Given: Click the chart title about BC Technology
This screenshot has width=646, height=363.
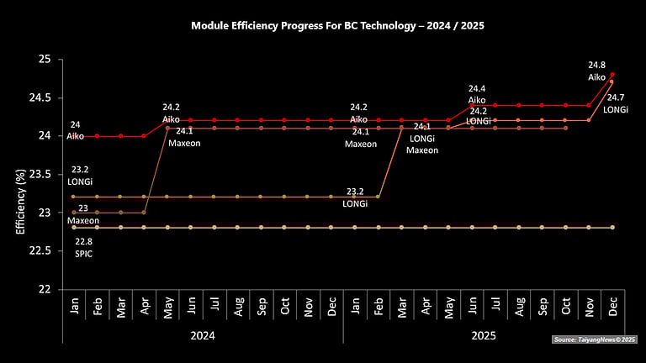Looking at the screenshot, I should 337,26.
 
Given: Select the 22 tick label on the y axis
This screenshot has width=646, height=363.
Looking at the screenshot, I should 45,288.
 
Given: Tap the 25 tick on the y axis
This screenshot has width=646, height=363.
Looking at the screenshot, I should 45,60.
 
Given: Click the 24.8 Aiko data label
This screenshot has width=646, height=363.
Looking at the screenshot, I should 596,71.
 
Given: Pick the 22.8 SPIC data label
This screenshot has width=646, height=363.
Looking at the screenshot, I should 82,246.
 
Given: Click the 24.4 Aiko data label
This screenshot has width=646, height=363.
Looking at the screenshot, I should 477,94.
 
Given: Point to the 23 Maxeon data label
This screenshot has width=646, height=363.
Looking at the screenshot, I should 82,214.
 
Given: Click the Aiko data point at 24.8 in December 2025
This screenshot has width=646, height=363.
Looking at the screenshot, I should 612,75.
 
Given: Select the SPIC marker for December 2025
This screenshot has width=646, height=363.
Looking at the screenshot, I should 612,227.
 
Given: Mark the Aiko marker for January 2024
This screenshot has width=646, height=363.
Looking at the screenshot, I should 75,135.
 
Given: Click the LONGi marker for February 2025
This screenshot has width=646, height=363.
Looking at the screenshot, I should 378,197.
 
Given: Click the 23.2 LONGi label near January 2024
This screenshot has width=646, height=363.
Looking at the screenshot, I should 82,175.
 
